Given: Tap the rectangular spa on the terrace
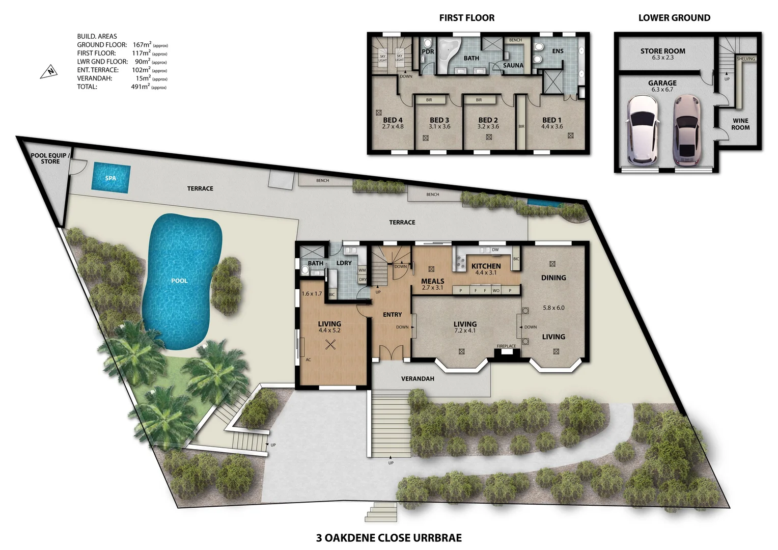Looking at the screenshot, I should [110, 178].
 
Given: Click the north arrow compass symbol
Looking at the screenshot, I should [49, 72].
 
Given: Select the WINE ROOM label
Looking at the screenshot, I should [740, 124].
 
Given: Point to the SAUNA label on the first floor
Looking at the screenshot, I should [513, 65].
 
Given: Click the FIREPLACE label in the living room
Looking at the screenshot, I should [506, 346].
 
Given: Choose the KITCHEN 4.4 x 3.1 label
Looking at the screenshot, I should [486, 268].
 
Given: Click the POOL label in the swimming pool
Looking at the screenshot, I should [179, 281].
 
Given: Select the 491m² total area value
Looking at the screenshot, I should [141, 87].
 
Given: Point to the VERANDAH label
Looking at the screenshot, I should [418, 378].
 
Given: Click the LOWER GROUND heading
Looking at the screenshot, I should [674, 18].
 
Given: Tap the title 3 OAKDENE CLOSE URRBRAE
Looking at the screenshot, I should [389, 538].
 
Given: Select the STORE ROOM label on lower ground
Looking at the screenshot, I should [662, 53].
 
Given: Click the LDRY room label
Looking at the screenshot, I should [344, 263].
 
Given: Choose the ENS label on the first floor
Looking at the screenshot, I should [558, 51].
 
